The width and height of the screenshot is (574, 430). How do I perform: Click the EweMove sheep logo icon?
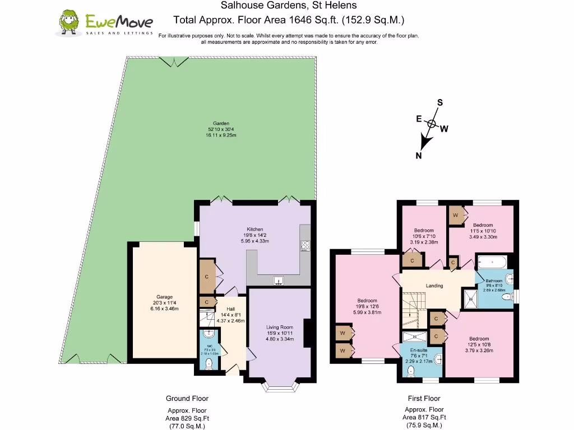tap(70, 22)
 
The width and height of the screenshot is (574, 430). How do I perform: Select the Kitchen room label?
tap(255, 230)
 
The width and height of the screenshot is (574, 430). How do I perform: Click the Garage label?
tap(164, 297)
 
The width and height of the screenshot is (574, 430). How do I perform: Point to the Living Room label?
tap(279, 328)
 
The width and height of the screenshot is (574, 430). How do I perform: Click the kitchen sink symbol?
tap(278, 281)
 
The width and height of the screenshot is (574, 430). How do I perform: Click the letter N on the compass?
tap(418, 156)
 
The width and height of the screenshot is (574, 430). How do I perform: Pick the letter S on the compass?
tap(440, 102)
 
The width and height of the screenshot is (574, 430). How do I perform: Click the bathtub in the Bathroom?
tap(492, 261)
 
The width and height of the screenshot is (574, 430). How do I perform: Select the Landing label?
tap(434, 286)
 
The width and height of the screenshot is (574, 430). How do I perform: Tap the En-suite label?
tap(418, 350)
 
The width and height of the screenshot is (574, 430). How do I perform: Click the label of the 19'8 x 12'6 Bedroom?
tap(367, 301)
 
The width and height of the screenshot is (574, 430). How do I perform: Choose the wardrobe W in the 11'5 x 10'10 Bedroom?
tap(456, 214)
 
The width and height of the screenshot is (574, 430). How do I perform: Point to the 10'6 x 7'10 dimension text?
tap(424, 236)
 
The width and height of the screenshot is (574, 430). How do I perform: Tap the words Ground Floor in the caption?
tap(187, 399)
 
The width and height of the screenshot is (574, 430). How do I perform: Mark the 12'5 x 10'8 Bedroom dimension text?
tap(479, 345)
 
